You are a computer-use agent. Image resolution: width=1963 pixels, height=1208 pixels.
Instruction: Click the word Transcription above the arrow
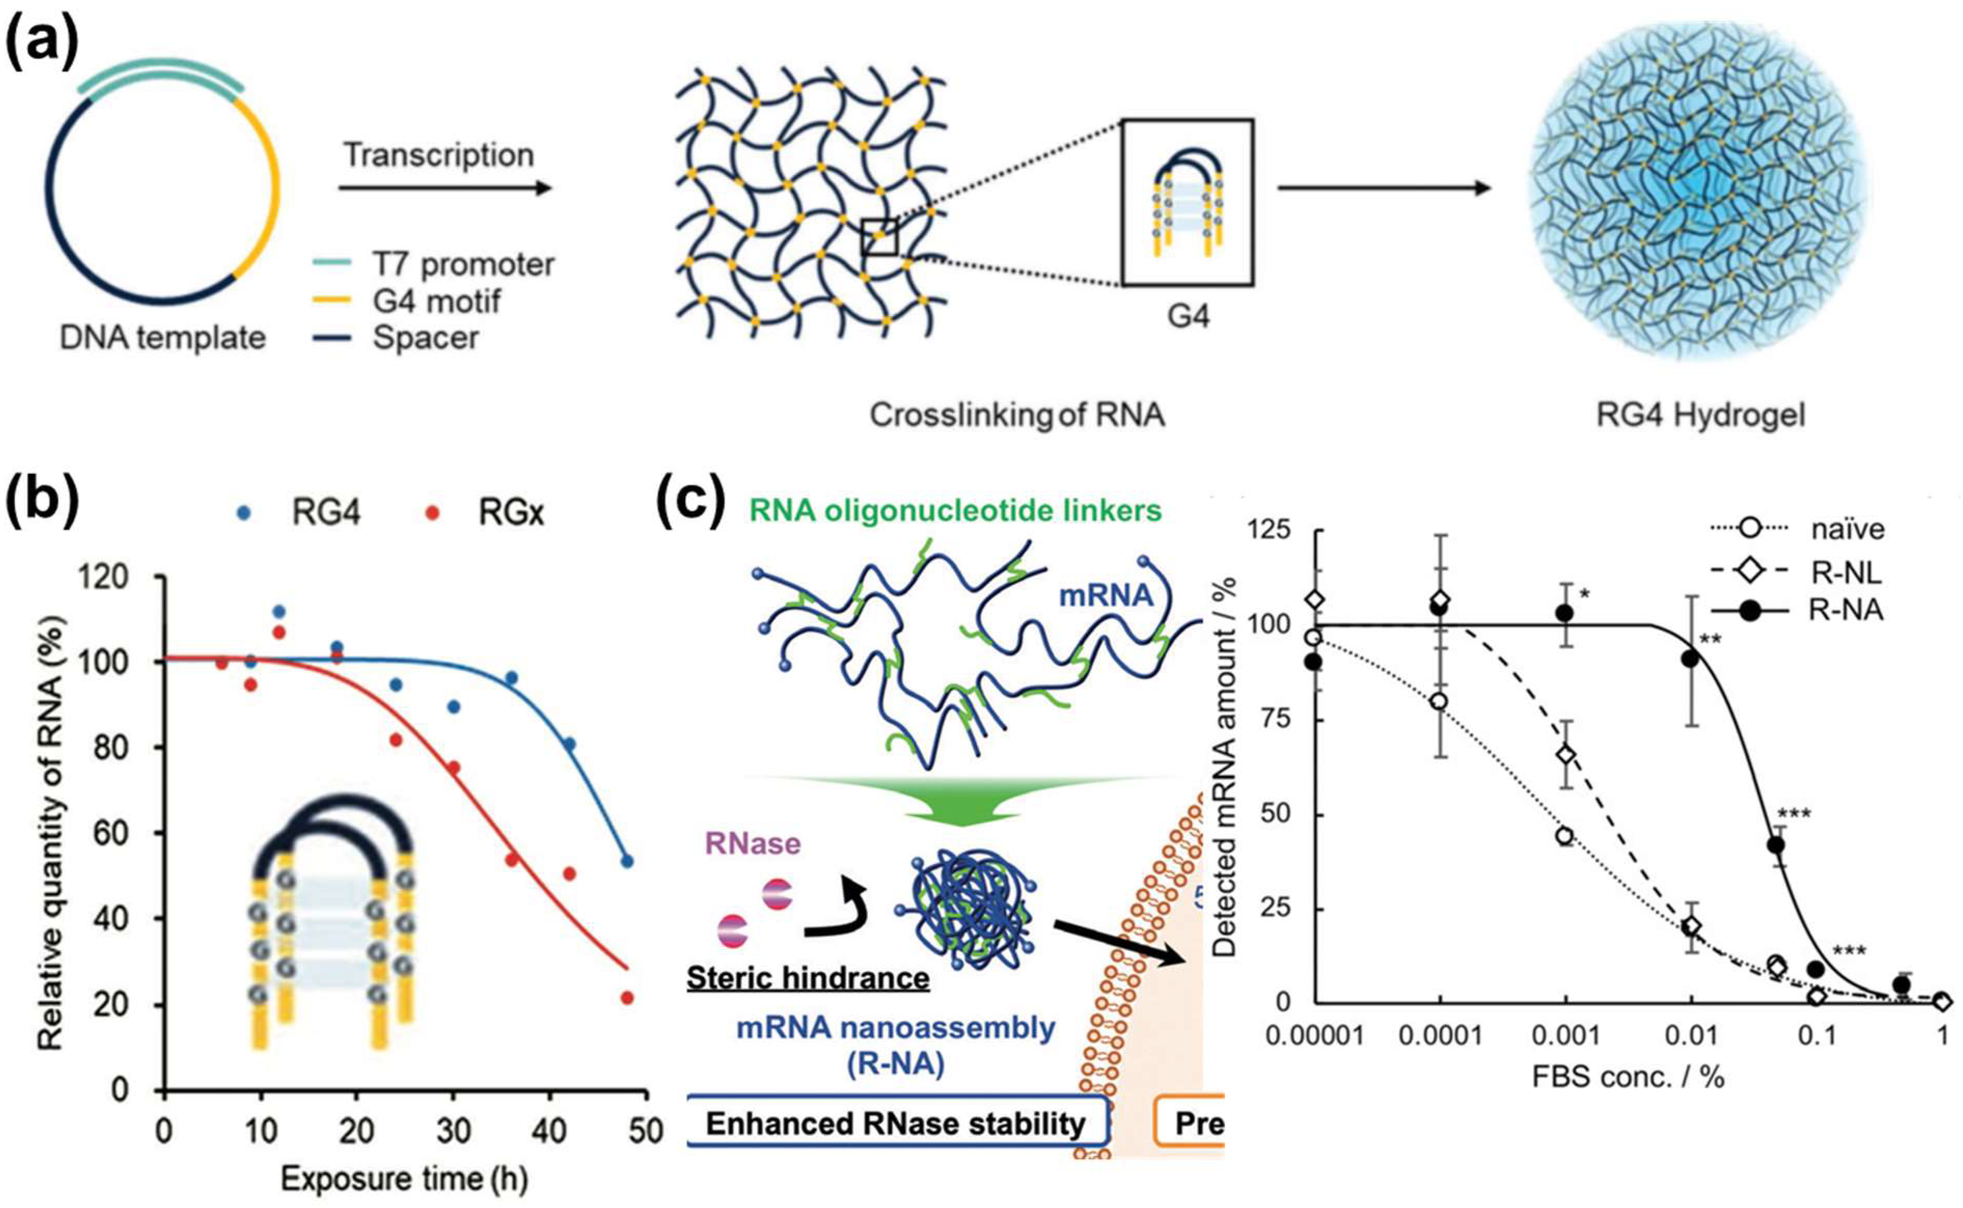(x=438, y=155)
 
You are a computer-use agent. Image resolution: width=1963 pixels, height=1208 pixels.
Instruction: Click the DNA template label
(x=162, y=338)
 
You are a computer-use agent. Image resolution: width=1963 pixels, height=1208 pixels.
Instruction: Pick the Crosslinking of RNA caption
(x=1016, y=416)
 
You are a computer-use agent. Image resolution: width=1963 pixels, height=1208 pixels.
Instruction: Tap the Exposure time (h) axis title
(x=404, y=1179)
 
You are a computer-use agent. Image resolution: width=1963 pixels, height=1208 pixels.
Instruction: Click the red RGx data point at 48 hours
(x=627, y=998)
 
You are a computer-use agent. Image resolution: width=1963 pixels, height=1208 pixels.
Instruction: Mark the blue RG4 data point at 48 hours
(x=627, y=861)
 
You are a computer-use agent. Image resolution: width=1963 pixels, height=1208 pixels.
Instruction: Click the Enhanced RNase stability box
(x=897, y=1123)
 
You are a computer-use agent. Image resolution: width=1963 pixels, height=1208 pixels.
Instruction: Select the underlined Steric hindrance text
(x=808, y=978)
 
